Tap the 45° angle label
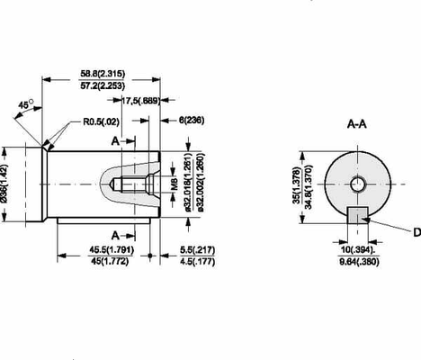point(25,104)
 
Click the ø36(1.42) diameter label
point(6,184)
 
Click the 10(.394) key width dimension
point(358,249)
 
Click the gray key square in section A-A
point(357,216)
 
